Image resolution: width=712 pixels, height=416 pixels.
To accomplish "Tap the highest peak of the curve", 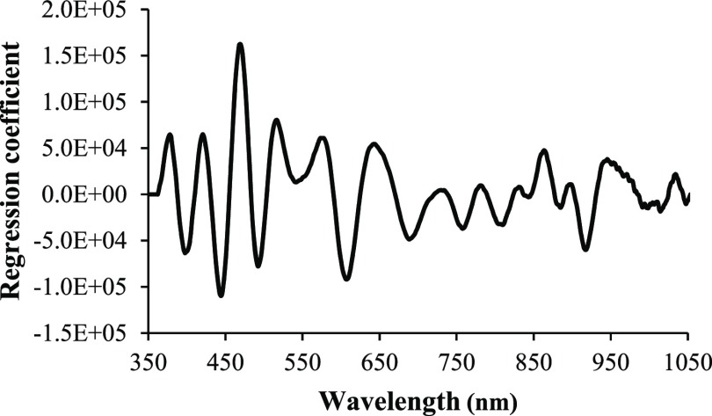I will (x=240, y=44).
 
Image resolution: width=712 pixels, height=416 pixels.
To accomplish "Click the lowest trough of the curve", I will (x=221, y=296).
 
